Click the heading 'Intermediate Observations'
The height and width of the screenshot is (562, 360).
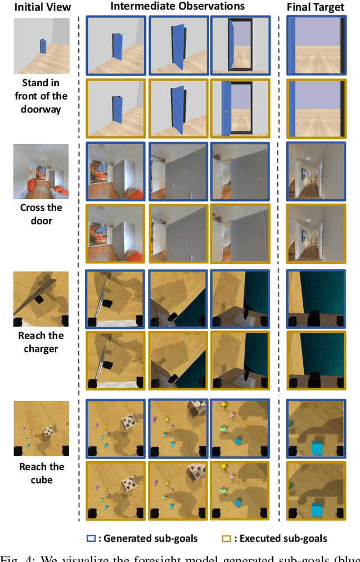(178, 7)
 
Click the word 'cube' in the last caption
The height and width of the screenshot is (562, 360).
(41, 480)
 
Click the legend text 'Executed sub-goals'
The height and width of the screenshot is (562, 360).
(283, 538)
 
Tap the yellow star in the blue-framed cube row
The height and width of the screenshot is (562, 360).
(223, 404)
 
